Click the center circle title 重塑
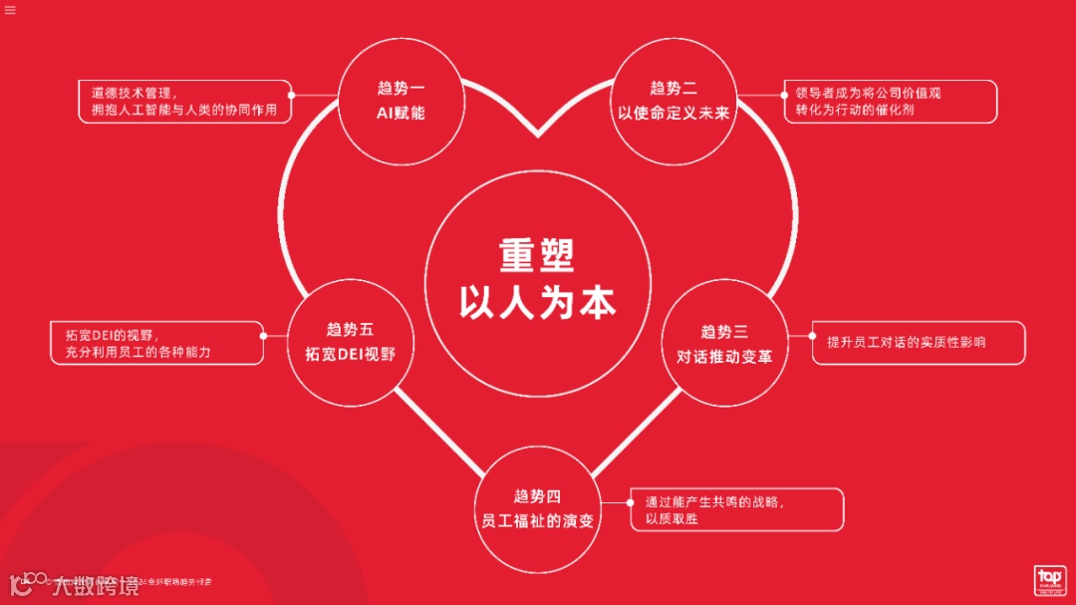click(x=537, y=255)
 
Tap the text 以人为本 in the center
click(x=537, y=301)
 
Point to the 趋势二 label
click(x=673, y=88)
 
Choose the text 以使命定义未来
click(x=673, y=113)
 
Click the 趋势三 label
click(x=724, y=332)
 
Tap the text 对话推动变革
click(x=724, y=356)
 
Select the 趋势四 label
click(x=538, y=495)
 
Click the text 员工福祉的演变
click(x=538, y=520)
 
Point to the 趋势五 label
click(x=350, y=329)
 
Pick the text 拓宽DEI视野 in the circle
click(x=350, y=354)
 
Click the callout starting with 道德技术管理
click(x=184, y=102)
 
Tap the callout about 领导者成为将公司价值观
click(x=889, y=102)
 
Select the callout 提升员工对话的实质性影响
click(x=918, y=342)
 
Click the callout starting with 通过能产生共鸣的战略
click(x=736, y=509)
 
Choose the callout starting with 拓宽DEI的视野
click(x=156, y=343)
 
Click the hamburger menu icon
click(x=10, y=11)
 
